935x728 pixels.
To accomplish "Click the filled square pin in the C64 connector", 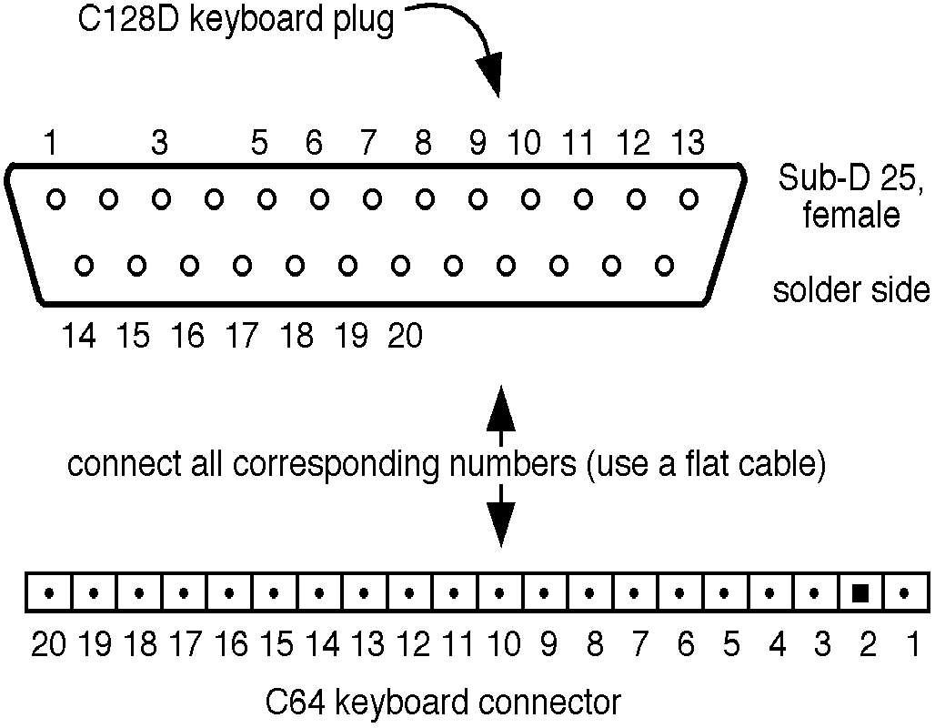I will (x=860, y=593).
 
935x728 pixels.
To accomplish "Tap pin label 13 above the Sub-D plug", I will (x=687, y=144).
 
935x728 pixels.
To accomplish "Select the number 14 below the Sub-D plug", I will (x=80, y=337).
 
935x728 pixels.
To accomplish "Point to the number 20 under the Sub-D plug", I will (x=406, y=337).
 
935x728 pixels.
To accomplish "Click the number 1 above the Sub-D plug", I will (x=52, y=144).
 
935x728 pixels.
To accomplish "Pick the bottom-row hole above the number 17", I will (x=242, y=266).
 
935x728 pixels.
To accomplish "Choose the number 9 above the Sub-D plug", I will (x=478, y=144).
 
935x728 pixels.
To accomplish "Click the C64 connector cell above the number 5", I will (x=725, y=593).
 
